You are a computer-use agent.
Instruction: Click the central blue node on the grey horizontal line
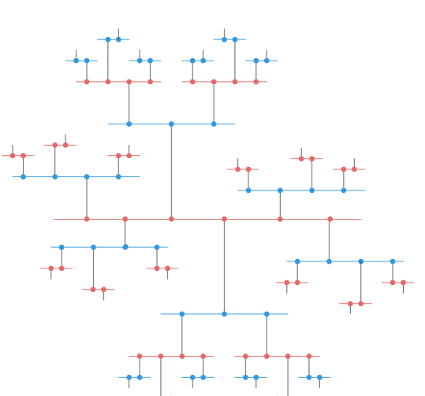[171, 124]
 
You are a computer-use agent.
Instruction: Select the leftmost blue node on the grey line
[129, 124]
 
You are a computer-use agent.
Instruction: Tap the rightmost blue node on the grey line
[214, 124]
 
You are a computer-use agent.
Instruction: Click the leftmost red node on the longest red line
[87, 219]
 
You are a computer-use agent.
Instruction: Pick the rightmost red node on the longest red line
[330, 219]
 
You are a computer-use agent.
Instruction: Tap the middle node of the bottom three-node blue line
[224, 314]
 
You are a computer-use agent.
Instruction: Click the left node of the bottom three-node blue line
[182, 314]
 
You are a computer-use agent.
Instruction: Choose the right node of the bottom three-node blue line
[267, 314]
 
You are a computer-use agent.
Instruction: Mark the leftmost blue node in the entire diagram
[24, 177]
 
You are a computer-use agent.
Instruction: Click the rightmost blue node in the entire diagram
[393, 261]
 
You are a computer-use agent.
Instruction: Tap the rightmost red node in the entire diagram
[403, 283]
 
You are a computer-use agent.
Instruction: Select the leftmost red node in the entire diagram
[13, 156]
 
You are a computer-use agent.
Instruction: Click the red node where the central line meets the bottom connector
[224, 219]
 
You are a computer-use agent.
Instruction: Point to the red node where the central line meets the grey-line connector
[171, 219]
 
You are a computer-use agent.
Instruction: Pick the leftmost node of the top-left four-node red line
[87, 82]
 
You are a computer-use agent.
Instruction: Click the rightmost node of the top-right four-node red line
[256, 82]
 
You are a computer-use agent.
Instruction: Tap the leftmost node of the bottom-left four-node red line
[140, 357]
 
